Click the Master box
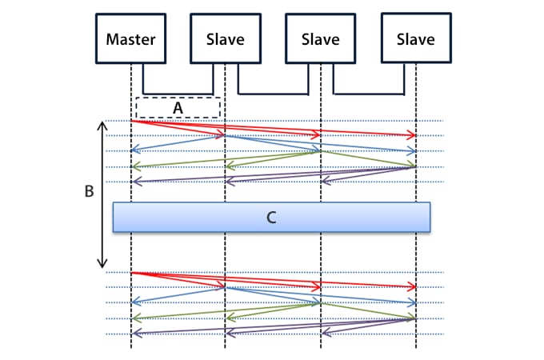pyautogui.click(x=130, y=38)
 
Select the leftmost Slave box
pyautogui.click(x=225, y=38)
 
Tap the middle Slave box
pyautogui.click(x=320, y=38)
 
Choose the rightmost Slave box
pyautogui.click(x=415, y=38)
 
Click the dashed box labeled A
pyautogui.click(x=178, y=107)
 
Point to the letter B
pyautogui.click(x=89, y=192)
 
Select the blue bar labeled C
pyautogui.click(x=271, y=217)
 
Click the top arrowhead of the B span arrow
pyautogui.click(x=102, y=125)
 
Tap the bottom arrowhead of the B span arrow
pyautogui.click(x=102, y=264)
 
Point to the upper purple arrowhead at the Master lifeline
pyautogui.click(x=134, y=182)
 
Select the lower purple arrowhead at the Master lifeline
pyautogui.click(x=134, y=333)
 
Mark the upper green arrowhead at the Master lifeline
pyautogui.click(x=134, y=166)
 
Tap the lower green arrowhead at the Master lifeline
pyautogui.click(x=134, y=318)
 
